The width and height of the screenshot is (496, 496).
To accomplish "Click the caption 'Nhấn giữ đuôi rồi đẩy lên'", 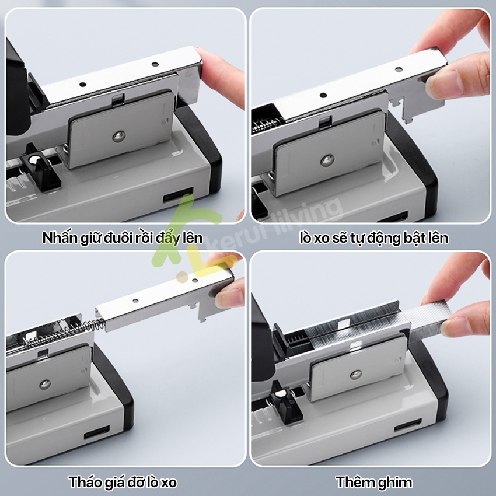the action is coord(123,238).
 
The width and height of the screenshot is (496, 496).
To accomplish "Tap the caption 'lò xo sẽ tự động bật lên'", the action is coord(374,238).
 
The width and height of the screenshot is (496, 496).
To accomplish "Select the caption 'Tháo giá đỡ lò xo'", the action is coord(123,483).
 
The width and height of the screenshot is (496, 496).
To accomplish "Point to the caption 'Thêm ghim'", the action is coord(374,483).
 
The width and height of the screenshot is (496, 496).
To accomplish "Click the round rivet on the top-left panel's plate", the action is coord(119,137).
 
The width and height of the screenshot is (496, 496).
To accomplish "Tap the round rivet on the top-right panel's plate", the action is coord(327,160).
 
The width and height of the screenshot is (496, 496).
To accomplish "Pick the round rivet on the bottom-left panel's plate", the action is coord(45,385).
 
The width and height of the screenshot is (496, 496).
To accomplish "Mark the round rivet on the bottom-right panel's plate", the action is coord(356,375).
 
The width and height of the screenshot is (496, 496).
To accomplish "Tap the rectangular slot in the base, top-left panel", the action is coord(178,195).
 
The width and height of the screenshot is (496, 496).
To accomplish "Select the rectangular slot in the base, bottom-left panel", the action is coord(97,432).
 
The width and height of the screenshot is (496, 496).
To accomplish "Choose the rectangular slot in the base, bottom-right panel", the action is coord(408,425).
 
